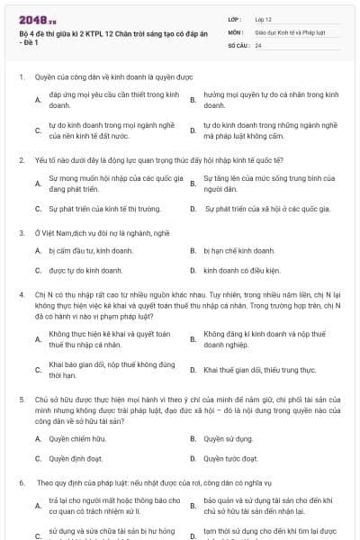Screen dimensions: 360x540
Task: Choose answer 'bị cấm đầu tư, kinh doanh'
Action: [x=78, y=251]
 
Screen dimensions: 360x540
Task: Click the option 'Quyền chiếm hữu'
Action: [x=70, y=438]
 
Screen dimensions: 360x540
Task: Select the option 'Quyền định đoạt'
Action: [x=71, y=457]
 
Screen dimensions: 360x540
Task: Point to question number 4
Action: [x=21, y=293]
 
